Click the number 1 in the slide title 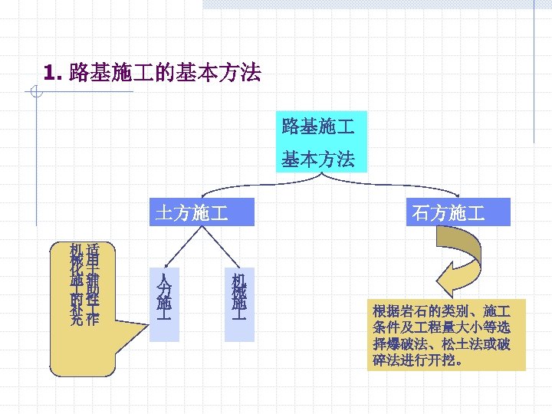coord(51,74)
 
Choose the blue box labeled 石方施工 coord(458,212)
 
